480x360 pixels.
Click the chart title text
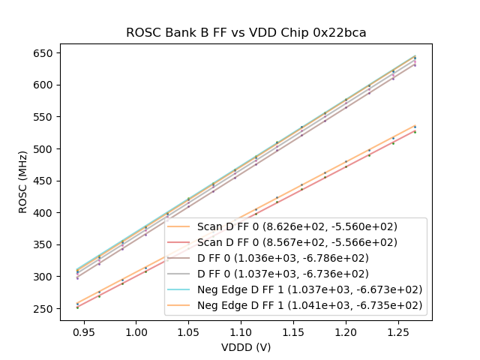click(x=246, y=32)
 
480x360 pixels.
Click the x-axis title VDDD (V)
click(x=246, y=347)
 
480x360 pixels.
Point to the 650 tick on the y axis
click(x=43, y=53)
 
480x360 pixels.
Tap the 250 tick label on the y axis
click(x=43, y=309)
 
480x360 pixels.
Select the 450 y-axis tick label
click(x=43, y=181)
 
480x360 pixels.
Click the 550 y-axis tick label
click(x=43, y=117)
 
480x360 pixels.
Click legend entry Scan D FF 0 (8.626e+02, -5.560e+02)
click(x=297, y=226)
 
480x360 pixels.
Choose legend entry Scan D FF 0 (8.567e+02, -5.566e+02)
click(x=297, y=242)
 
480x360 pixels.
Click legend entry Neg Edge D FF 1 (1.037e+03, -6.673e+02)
click(x=310, y=289)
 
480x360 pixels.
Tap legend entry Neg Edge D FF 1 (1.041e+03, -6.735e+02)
click(x=310, y=305)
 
